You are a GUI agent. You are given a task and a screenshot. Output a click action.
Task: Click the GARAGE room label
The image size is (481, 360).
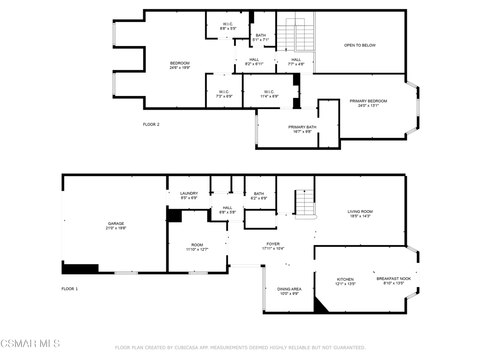(116, 224)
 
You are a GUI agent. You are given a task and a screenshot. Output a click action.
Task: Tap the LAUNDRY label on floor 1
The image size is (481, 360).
(189, 193)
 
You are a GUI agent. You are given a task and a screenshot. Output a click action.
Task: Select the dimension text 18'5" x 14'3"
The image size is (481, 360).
(360, 216)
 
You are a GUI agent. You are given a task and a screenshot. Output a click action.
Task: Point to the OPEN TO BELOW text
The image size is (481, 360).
(360, 45)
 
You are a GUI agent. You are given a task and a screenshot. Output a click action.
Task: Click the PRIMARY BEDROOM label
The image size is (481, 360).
(368, 101)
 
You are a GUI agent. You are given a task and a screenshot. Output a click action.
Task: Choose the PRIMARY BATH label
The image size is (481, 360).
(302, 127)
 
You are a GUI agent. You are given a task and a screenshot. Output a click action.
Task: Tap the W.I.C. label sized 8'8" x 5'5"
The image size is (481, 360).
(228, 24)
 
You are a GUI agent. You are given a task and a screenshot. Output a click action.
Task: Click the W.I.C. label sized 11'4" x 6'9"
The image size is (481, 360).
(269, 92)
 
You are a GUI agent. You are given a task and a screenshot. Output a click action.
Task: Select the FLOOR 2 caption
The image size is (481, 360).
(151, 124)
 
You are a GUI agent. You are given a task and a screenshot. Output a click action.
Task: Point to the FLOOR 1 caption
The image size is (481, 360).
(70, 289)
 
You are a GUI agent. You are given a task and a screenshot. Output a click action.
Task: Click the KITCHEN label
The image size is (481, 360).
(345, 279)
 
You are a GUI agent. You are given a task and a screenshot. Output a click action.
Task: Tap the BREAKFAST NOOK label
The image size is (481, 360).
(394, 278)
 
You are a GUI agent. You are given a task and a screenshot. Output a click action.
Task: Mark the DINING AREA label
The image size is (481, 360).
(289, 289)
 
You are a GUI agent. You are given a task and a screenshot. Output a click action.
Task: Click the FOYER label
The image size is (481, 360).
(273, 244)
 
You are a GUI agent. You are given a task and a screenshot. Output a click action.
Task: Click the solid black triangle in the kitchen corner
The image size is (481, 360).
(319, 306)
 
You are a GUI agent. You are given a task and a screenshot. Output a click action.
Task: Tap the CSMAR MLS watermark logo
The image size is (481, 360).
(30, 344)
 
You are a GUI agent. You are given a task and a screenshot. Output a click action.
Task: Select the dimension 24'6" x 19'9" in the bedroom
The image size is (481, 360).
(180, 67)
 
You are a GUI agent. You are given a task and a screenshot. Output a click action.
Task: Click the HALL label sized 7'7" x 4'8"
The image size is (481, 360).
(296, 60)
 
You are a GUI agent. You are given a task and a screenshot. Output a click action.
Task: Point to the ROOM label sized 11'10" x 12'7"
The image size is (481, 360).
(197, 245)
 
